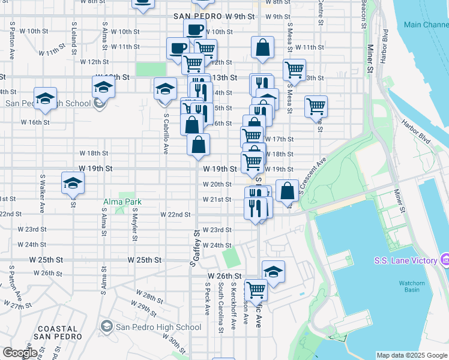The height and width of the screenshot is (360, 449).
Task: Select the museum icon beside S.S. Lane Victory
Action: (x=445, y=260)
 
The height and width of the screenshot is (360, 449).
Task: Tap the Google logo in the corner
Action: (x=20, y=353)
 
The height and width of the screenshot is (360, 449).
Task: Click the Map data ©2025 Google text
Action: (x=411, y=355)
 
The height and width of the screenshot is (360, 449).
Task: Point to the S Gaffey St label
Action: (x=194, y=248)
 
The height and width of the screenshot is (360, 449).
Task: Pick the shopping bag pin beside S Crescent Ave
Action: (x=288, y=191)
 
